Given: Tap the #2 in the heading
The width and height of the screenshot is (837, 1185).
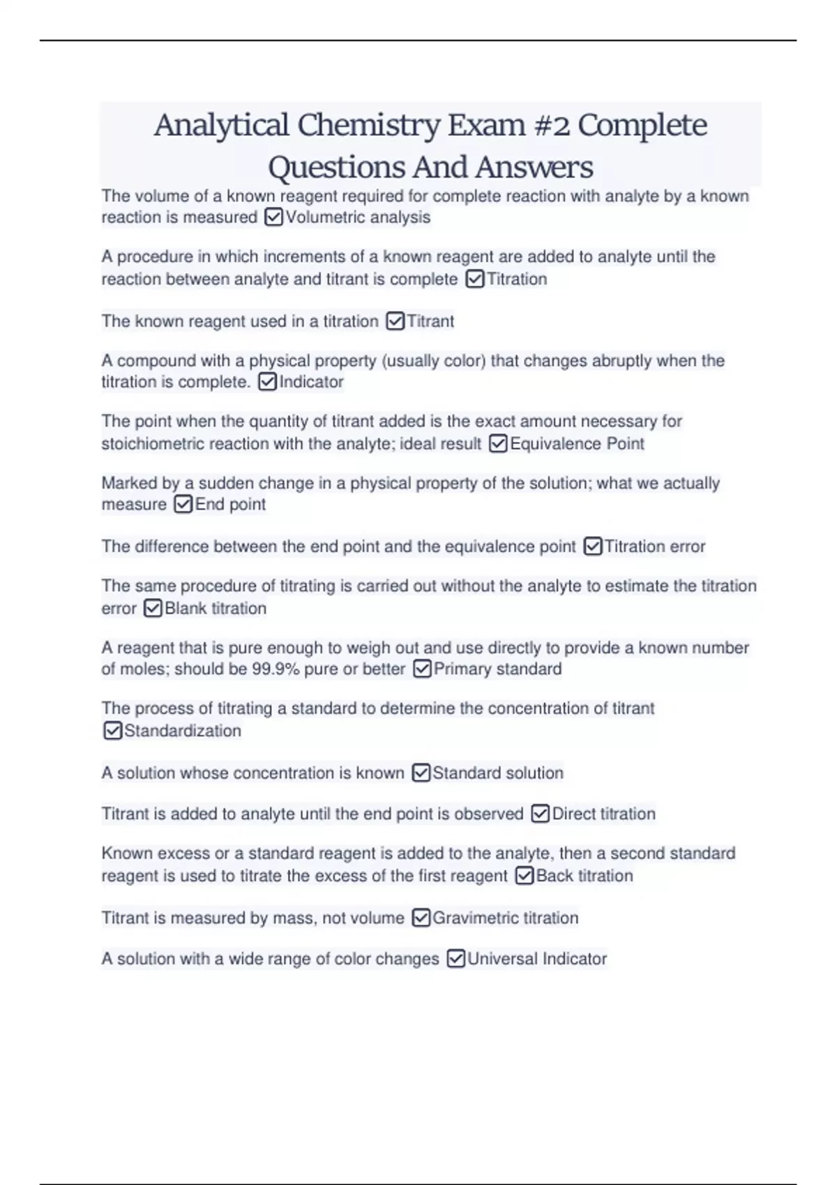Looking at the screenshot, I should coord(551,126).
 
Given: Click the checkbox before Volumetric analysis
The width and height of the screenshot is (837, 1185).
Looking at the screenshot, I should coord(273,218).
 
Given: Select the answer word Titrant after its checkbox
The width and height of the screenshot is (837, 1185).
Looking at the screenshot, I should coord(430,321).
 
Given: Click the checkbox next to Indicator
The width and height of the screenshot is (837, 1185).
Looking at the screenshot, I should coord(267,382).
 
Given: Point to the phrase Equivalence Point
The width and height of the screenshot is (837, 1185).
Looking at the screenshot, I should coord(577,444).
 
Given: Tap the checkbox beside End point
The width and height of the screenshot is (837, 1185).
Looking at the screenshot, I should coord(183,504).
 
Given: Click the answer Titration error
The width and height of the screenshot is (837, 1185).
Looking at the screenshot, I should coord(654,546).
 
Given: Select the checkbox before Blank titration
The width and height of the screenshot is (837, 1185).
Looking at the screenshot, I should coord(153,609).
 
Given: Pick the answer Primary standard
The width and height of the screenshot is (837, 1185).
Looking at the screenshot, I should coord(497,669).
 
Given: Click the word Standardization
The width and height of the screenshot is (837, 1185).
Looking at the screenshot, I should coord(183,731).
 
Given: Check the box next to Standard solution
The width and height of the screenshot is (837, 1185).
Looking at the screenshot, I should coord(421,773).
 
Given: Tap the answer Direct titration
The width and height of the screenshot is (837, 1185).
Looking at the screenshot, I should coord(603,813).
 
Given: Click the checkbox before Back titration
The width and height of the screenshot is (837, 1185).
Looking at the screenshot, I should coord(525,876).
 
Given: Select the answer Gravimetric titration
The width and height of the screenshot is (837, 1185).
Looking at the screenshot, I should coord(505,918).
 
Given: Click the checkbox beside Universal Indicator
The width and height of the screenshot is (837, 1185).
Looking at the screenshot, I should coord(455,959).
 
